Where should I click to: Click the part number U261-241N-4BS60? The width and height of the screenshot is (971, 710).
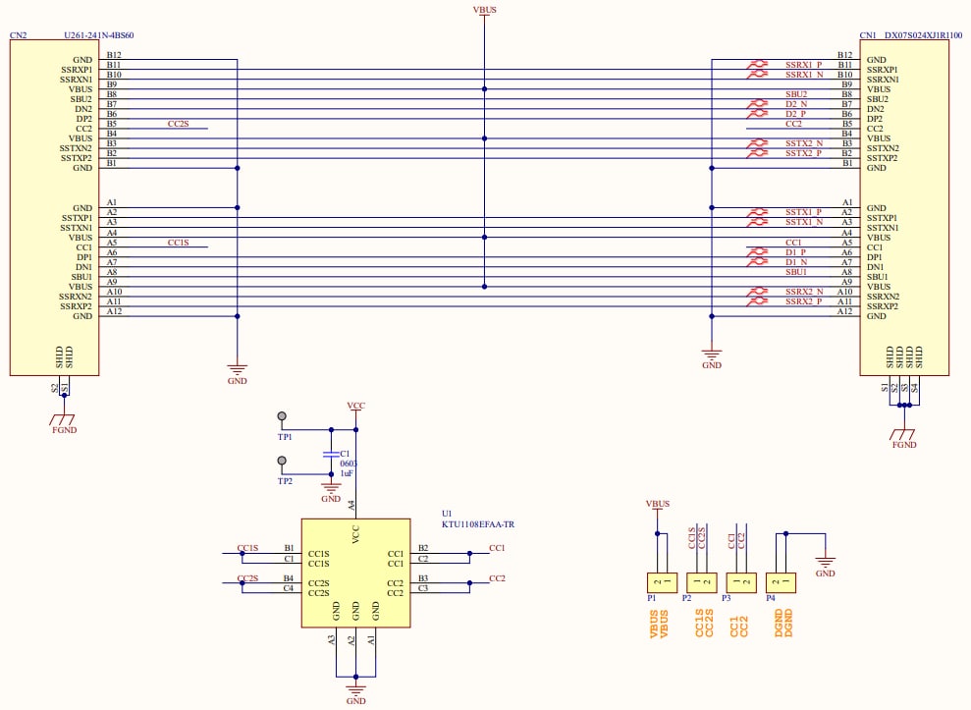(x=99, y=35)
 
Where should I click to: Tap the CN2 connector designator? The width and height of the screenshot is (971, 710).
(x=19, y=35)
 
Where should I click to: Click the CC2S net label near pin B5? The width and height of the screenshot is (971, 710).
(x=178, y=124)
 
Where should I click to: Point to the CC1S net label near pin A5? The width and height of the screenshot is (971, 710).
(x=178, y=242)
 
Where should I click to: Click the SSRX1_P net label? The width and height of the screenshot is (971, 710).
(x=802, y=65)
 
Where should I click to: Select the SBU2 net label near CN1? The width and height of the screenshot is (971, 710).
(x=795, y=94)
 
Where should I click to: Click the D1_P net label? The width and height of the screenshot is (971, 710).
(x=795, y=251)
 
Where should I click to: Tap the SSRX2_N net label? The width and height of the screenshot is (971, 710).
(x=802, y=291)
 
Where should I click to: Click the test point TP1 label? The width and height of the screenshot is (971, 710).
(x=285, y=437)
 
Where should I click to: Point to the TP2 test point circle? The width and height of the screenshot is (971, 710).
(x=283, y=461)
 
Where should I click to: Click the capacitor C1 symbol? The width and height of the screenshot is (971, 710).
(x=331, y=455)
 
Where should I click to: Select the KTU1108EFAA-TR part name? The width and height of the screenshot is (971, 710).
(x=478, y=524)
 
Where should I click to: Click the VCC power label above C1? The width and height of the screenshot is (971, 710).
(x=356, y=405)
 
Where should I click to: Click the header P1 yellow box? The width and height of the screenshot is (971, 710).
(x=658, y=582)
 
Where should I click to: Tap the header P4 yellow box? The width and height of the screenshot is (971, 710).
(x=781, y=582)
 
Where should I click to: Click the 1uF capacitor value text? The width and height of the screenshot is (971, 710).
(x=348, y=473)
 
